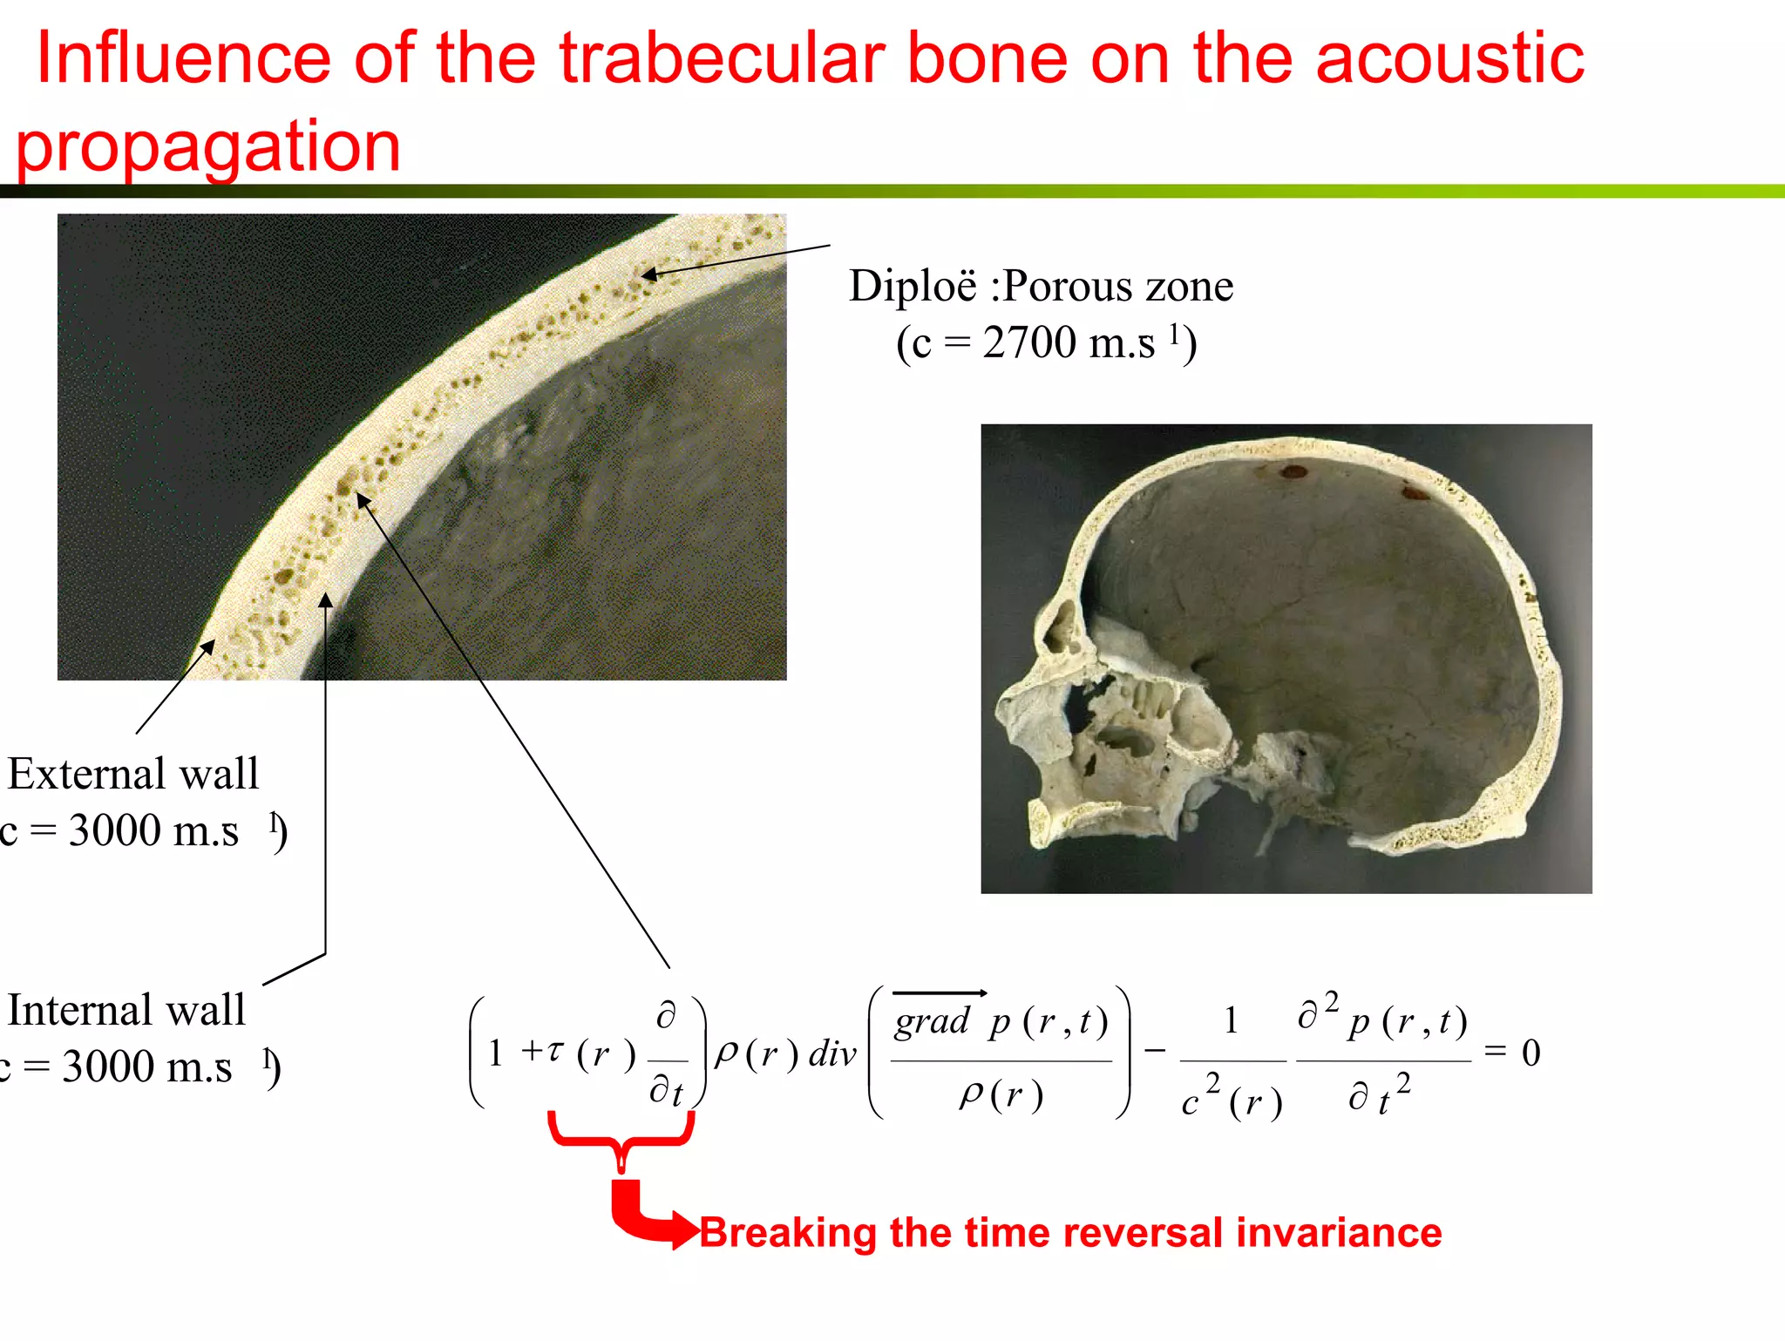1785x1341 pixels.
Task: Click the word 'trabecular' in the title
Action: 722,59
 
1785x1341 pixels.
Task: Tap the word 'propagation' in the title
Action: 208,146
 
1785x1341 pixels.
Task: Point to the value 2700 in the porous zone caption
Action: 1028,342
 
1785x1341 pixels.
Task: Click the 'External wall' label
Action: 133,774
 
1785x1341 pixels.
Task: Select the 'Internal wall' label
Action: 126,1011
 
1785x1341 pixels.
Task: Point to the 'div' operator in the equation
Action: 832,1054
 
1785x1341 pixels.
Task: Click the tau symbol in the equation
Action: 555,1052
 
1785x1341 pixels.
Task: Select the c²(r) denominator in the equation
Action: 1232,1100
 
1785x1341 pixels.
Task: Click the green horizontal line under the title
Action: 892,191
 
